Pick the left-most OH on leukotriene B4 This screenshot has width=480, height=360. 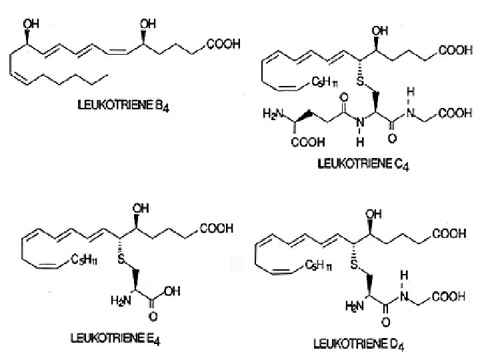pyautogui.click(x=31, y=24)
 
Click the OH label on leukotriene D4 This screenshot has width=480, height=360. pyautogui.click(x=377, y=215)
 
